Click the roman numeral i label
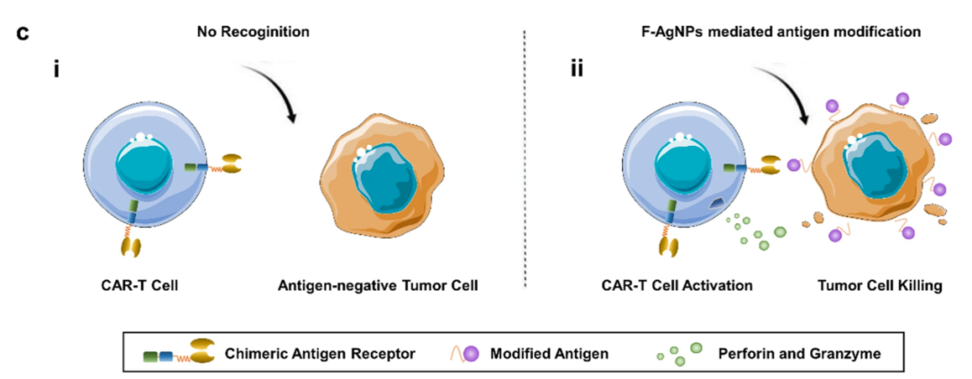(x=57, y=68)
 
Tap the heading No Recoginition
(x=254, y=32)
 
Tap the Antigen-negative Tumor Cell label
(x=378, y=286)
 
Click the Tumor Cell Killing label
(x=879, y=286)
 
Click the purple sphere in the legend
(x=472, y=353)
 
